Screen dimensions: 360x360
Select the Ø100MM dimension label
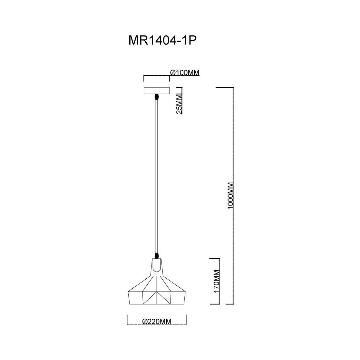click(184, 73)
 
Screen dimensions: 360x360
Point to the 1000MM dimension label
click(230, 196)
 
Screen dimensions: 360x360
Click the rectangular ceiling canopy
click(157, 91)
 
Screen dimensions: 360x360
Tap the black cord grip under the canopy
click(157, 97)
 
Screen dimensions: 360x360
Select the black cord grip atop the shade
click(157, 256)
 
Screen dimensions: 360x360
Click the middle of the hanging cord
click(157, 177)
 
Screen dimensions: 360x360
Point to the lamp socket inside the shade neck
click(157, 265)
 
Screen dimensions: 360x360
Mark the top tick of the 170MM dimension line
click(215, 259)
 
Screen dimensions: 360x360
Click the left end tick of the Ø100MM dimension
click(144, 78)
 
